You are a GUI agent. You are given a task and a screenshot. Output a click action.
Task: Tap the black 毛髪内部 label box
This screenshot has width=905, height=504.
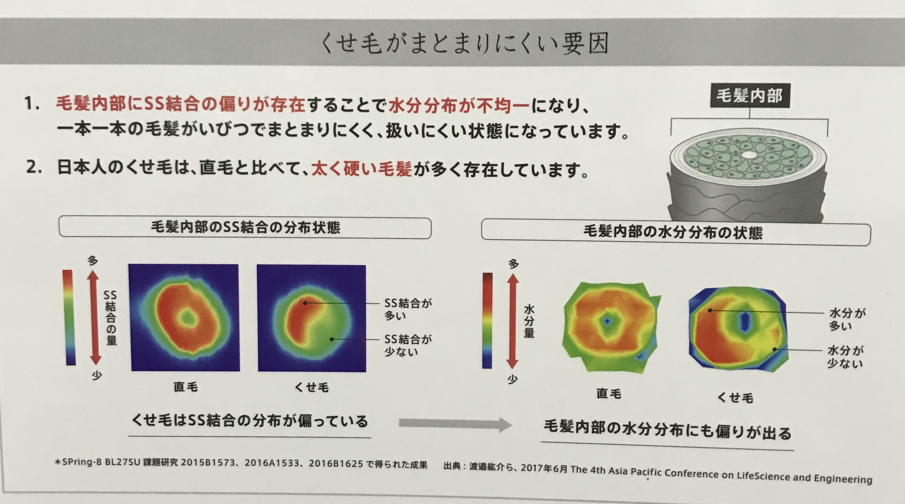coord(750,96)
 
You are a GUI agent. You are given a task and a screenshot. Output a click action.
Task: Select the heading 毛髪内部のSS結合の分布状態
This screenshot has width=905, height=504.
coord(245,227)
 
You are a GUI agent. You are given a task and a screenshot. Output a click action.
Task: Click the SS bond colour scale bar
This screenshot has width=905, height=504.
coord(69,318)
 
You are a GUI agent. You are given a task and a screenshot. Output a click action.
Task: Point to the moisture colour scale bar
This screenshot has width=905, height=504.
coord(488,320)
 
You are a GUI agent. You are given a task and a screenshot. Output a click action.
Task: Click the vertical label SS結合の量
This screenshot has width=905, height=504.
coord(110,318)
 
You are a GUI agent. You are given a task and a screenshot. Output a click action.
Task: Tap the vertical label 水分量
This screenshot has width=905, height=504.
coord(529,321)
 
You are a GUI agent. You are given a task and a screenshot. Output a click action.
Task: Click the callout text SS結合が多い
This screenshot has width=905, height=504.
coord(408,309)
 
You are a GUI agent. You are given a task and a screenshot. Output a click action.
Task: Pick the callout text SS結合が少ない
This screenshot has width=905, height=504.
coord(408,345)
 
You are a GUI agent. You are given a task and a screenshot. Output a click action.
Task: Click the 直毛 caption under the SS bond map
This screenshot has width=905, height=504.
coord(185,387)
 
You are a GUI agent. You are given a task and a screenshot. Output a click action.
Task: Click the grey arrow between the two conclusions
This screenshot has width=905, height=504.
coord(455,424)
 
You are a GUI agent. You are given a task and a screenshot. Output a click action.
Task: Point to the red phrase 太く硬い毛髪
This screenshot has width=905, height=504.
coord(362,169)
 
